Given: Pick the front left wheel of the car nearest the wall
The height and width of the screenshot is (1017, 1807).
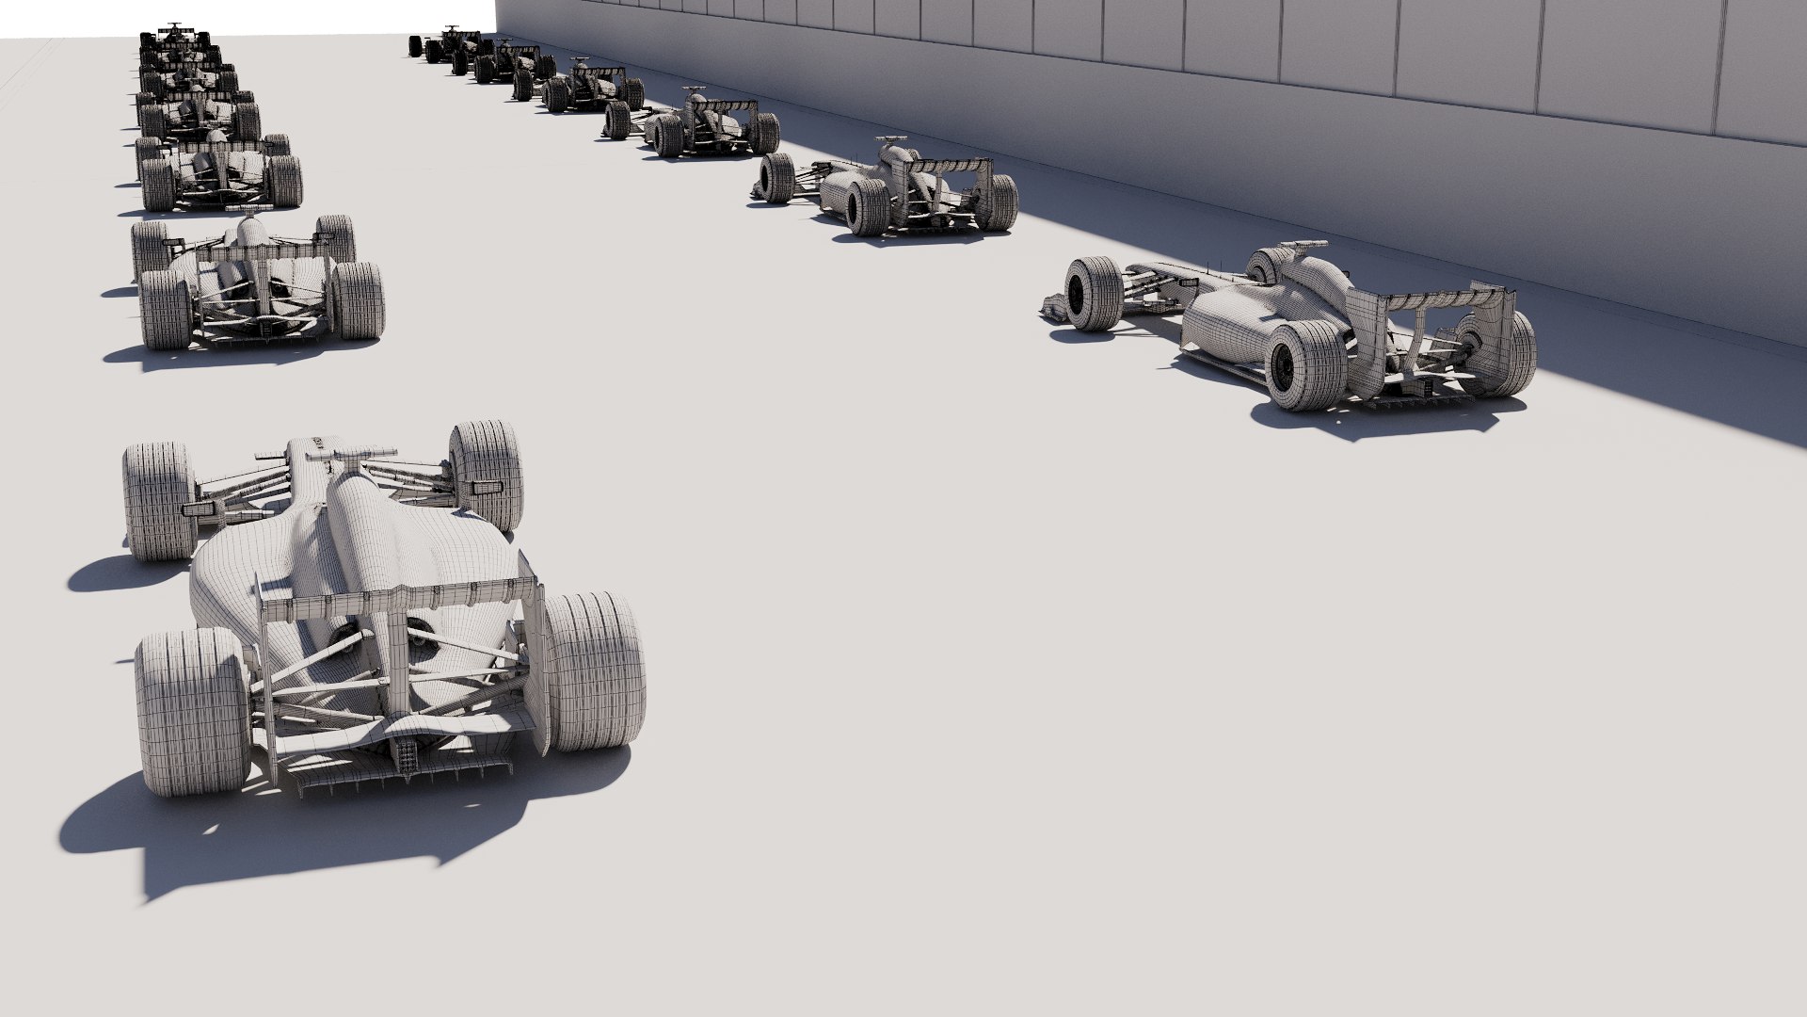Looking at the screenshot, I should pyautogui.click(x=1092, y=294).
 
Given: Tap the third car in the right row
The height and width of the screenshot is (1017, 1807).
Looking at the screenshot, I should pyautogui.click(x=696, y=124).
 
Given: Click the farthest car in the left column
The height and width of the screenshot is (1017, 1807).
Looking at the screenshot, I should pyautogui.click(x=174, y=36).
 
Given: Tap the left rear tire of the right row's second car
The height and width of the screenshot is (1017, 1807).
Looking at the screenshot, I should pyautogui.click(x=867, y=206).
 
